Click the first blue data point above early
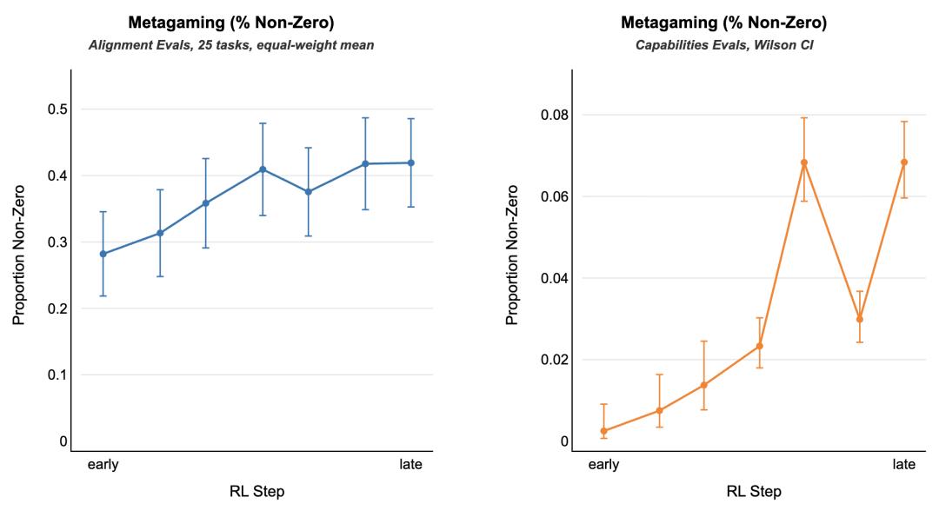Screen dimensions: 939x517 pos(103,254)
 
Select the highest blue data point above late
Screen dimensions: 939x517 pos(410,162)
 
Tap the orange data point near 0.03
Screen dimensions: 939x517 pos(860,319)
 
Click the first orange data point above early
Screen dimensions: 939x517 pos(603,431)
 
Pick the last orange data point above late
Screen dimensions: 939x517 pos(904,162)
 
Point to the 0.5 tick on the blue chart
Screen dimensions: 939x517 pos(57,109)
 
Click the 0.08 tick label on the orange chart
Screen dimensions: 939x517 pos(555,115)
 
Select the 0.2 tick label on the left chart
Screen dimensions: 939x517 pos(57,308)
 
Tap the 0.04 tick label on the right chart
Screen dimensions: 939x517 pos(555,278)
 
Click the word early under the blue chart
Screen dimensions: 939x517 pos(103,464)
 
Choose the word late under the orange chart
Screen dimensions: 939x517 pos(904,464)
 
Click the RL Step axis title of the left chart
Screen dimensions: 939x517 pos(256,492)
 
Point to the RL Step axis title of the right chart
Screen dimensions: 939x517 pos(754,492)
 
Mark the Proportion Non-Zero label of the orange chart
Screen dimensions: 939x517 pos(511,255)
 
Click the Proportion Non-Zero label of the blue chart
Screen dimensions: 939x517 pos(18,255)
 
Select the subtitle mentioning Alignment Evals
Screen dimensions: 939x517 pos(231,45)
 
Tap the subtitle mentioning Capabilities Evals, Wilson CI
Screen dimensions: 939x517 pos(724,45)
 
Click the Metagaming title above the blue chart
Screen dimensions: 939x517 pos(231,23)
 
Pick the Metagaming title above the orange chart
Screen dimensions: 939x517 pos(724,23)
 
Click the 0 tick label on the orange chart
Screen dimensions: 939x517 pos(564,441)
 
